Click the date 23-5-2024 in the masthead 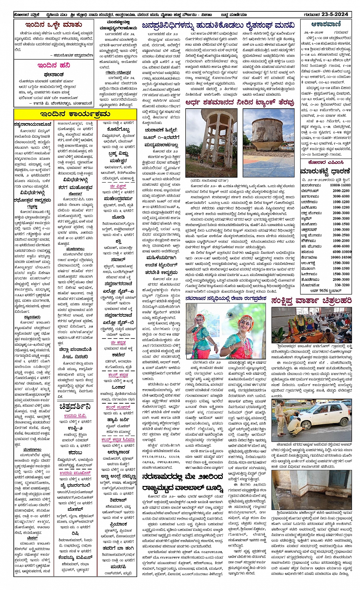coord(335,14)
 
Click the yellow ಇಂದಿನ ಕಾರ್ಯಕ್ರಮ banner coord(75,114)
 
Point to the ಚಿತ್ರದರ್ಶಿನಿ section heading coord(75,406)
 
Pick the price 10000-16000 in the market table coord(340,185)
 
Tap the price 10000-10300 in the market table coord(340,257)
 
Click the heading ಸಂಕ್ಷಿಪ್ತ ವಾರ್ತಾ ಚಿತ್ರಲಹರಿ coord(311,301)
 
